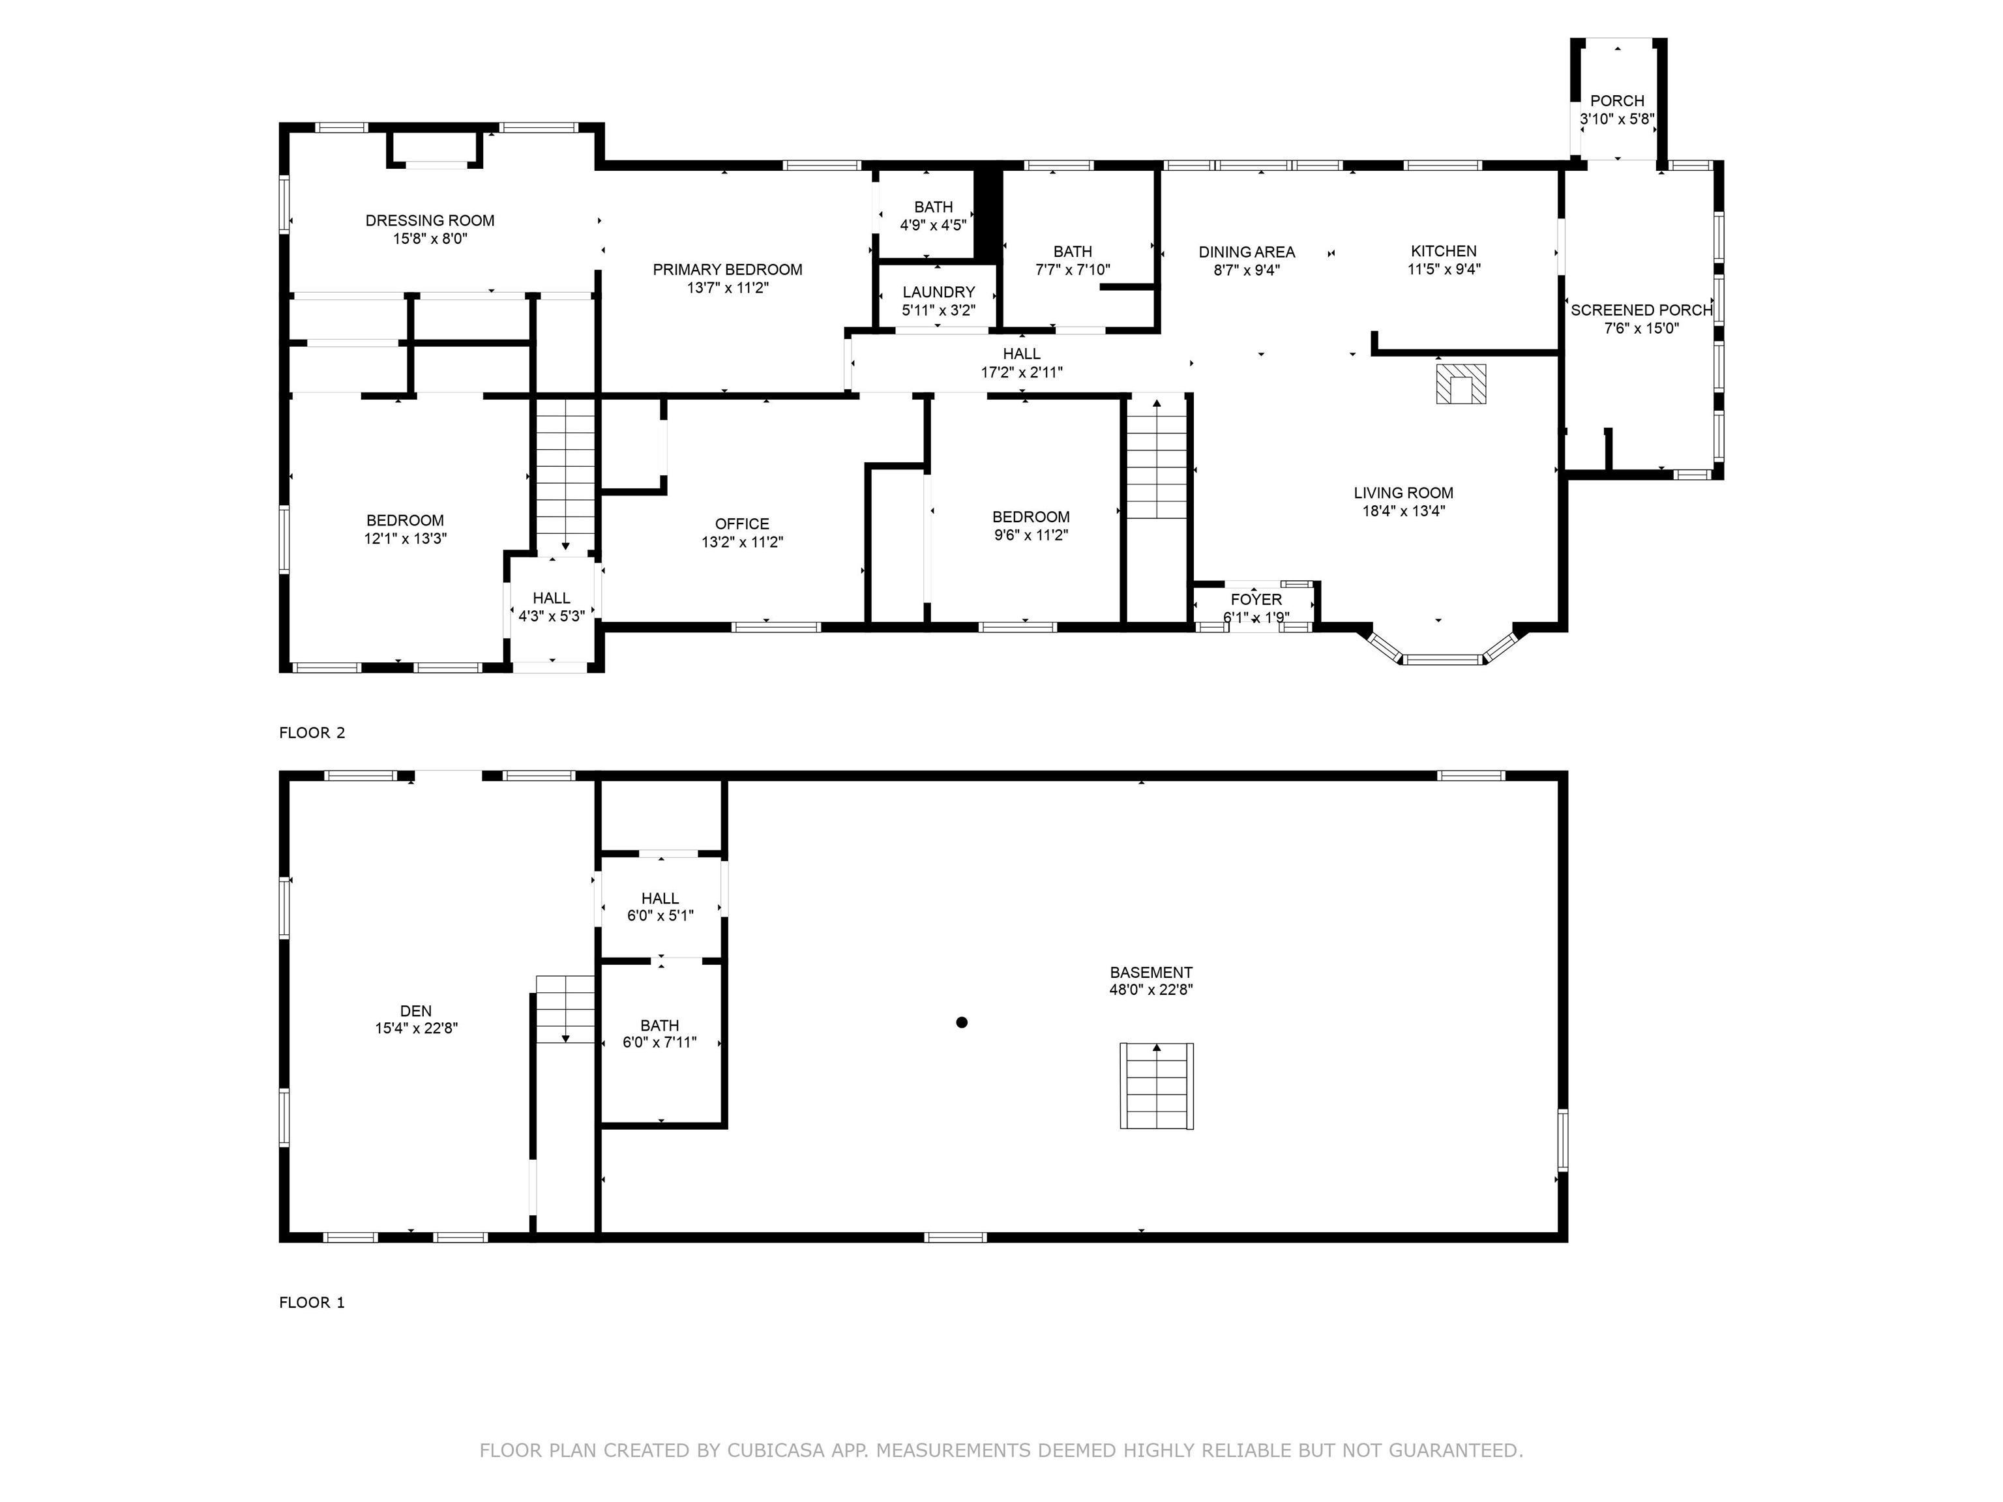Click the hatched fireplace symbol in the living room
[x=1461, y=384]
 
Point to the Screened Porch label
[x=1640, y=310]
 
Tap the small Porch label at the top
[x=1616, y=100]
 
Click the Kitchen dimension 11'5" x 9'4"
[x=1444, y=269]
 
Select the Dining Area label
[x=1246, y=252]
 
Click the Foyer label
[x=1256, y=599]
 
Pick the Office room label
[x=741, y=523]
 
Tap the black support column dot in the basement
[x=962, y=1022]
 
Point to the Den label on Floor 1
[x=415, y=1010]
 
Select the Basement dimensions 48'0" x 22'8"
[x=1150, y=990]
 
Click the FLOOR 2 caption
[x=312, y=733]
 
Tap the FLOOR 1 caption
[x=312, y=1302]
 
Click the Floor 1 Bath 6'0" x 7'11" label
[x=659, y=1025]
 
